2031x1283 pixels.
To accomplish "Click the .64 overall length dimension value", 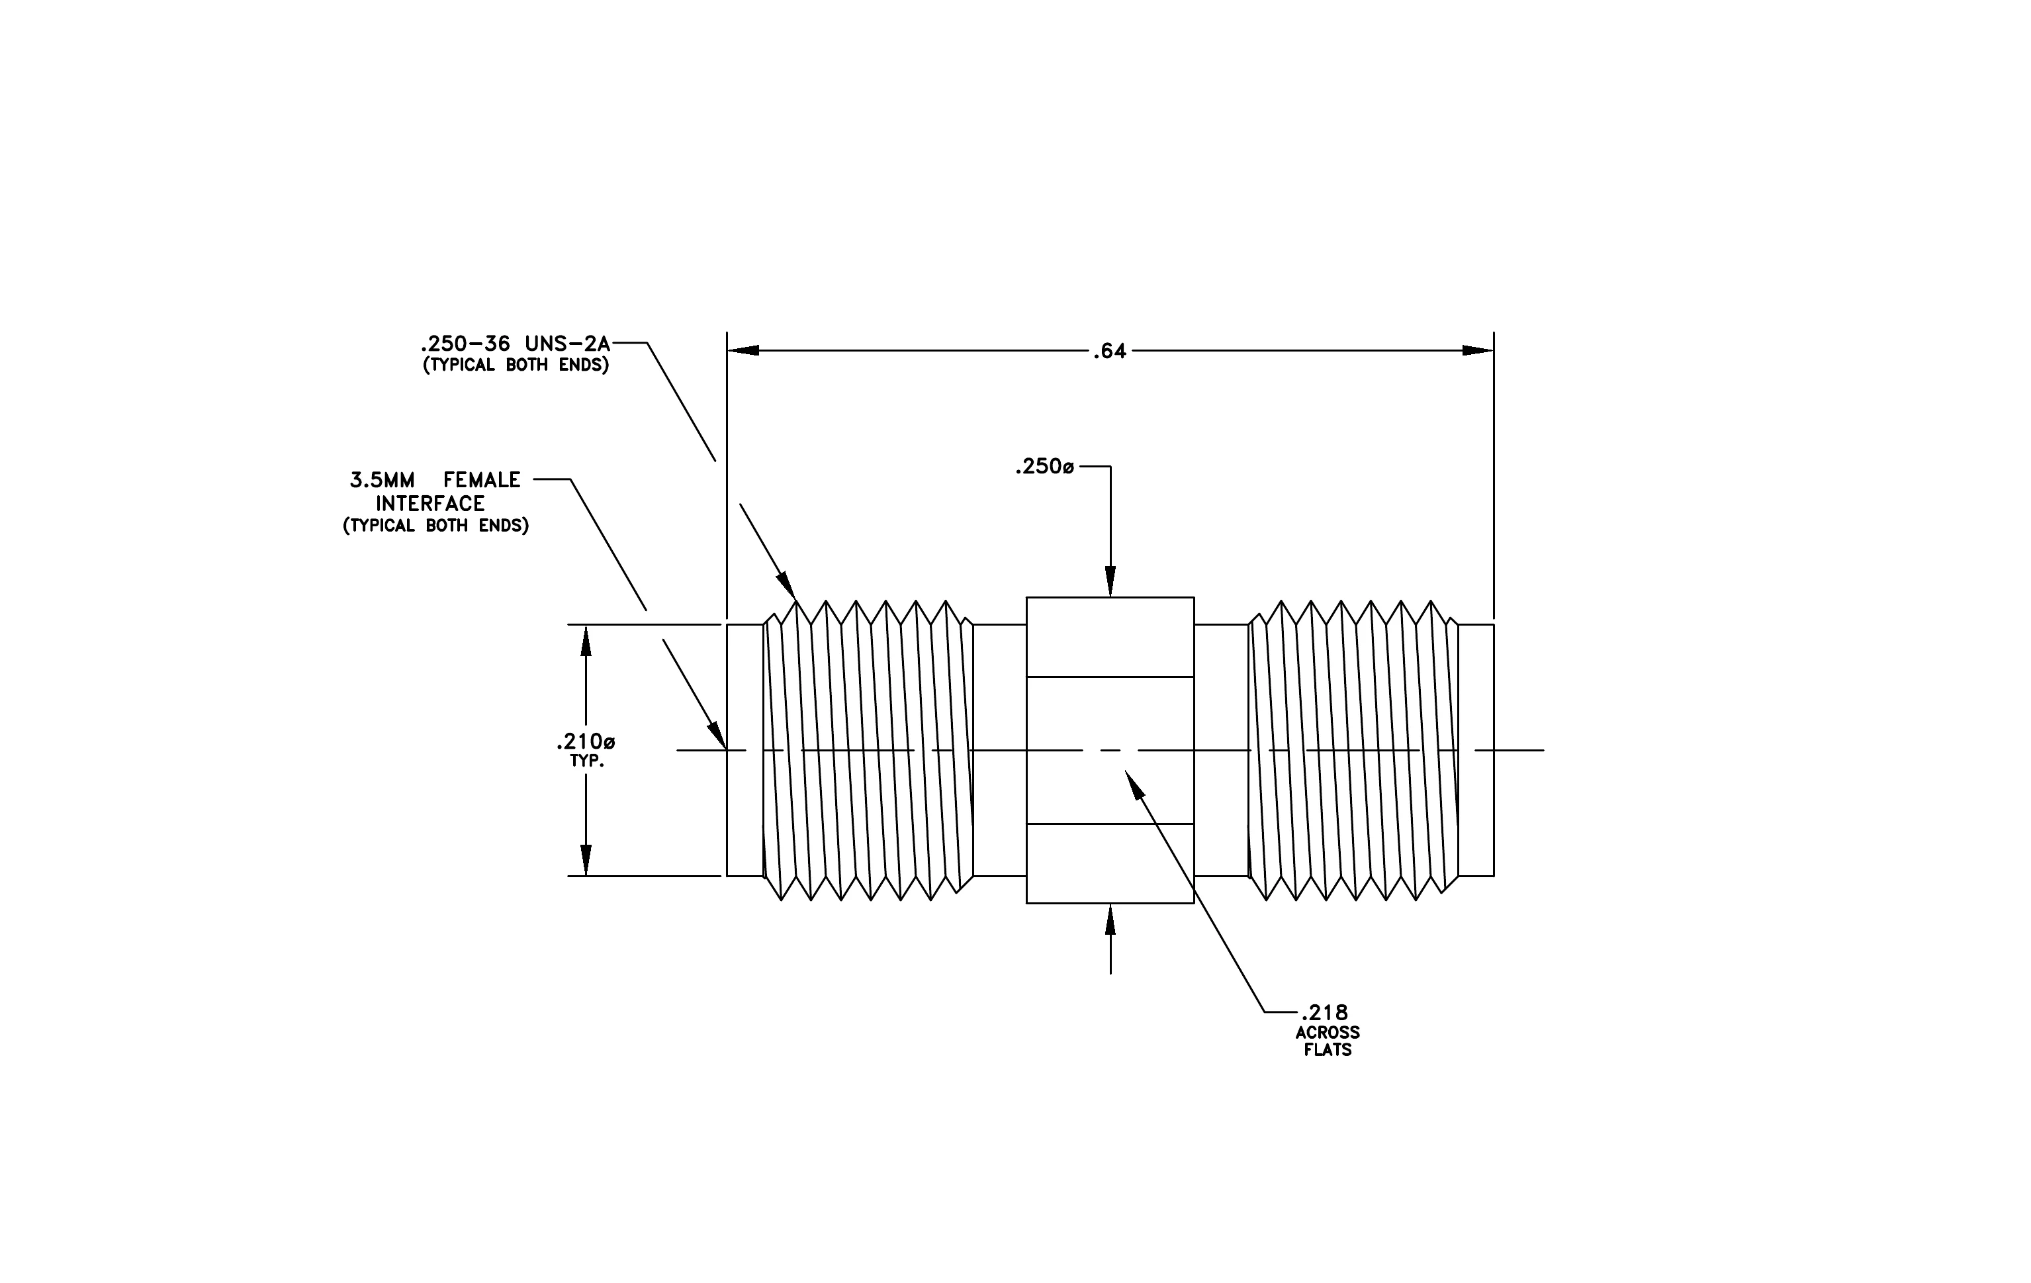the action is [1109, 352].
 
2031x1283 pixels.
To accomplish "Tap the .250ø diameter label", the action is [1045, 467].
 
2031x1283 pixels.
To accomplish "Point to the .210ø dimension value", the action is [586, 742].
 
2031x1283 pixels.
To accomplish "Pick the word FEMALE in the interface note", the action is [482, 480].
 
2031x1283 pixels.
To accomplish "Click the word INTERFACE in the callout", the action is [430, 504].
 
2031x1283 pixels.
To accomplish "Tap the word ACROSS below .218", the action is [1328, 1033].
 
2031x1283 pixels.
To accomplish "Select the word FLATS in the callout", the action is [1328, 1050].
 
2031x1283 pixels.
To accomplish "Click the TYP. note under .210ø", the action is [586, 761].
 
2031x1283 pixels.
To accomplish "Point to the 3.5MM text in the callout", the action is [382, 480].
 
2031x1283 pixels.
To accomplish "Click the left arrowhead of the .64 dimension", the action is [743, 350].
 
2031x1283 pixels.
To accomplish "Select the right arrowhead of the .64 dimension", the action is [1478, 350].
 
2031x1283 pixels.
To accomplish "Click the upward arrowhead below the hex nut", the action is [1110, 920].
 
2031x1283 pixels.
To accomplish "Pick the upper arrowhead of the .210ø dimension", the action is [586, 640].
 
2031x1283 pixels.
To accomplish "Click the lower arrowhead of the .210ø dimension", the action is [586, 861].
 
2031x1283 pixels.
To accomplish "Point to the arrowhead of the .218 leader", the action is [1134, 783].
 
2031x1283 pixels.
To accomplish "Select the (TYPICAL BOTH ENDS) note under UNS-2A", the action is [516, 365].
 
